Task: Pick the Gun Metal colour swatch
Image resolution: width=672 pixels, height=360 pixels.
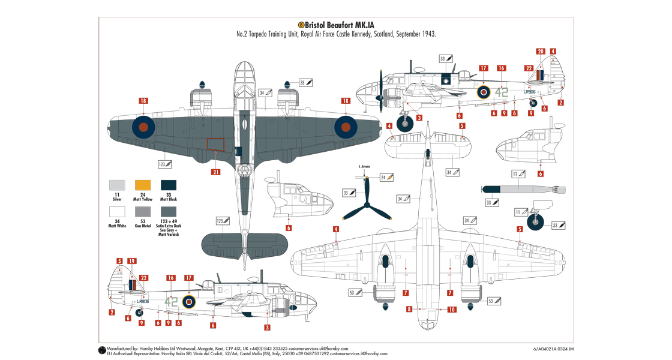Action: tap(143, 212)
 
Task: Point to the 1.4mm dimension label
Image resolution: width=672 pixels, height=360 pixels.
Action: tap(364, 166)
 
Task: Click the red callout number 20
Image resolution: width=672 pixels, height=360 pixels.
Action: tap(540, 52)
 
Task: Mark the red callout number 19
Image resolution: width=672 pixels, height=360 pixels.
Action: tap(131, 262)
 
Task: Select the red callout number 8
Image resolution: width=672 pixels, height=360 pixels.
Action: tap(409, 310)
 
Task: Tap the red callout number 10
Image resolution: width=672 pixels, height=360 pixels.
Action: tap(452, 310)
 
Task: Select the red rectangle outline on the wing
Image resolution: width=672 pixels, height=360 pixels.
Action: tap(215, 145)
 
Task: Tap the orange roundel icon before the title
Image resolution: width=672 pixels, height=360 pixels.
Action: tap(301, 25)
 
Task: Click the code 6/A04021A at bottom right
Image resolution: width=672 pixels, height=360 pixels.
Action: tap(546, 348)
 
